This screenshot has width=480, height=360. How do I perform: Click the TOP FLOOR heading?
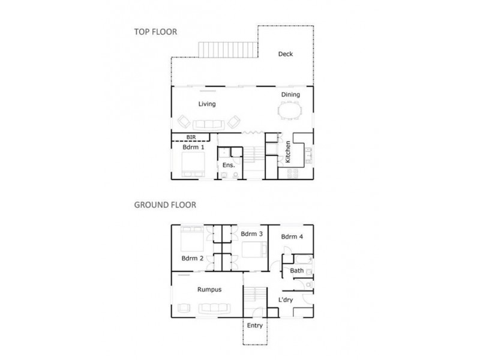point(155,32)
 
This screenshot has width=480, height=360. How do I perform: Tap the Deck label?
point(285,55)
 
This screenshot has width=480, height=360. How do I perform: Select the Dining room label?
point(290,95)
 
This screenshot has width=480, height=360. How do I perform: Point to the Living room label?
point(207,104)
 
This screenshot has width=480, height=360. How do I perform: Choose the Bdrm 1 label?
point(193,147)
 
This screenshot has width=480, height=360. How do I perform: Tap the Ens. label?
point(228,165)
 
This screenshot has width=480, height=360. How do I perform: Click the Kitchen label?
point(288,153)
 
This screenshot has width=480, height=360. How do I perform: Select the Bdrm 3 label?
point(250,233)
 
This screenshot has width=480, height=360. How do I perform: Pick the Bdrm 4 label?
point(292,236)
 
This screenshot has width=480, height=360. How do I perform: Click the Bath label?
point(296,271)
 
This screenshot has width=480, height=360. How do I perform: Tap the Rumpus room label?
point(209,289)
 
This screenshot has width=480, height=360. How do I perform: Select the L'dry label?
point(286,299)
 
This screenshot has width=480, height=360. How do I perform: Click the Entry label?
point(254,327)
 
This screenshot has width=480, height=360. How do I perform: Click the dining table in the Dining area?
point(292,112)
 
